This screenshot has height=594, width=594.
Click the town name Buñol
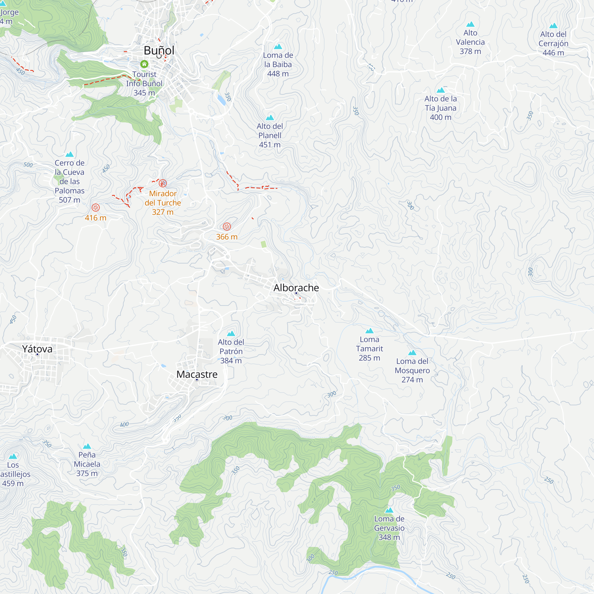pyautogui.click(x=159, y=50)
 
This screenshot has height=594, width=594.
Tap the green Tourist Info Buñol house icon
pyautogui.click(x=144, y=64)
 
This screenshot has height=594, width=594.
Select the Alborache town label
pyautogui.click(x=296, y=288)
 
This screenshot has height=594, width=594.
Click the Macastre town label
pyautogui.click(x=197, y=374)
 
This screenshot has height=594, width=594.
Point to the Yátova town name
pyautogui.click(x=37, y=349)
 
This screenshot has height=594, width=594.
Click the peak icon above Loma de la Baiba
pyautogui.click(x=278, y=46)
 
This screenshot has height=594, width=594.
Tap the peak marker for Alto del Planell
pyautogui.click(x=270, y=117)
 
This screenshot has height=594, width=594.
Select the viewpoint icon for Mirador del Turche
pyautogui.click(x=163, y=183)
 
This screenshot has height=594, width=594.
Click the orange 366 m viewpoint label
pyautogui.click(x=227, y=237)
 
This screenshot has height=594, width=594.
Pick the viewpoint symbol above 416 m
pyautogui.click(x=96, y=208)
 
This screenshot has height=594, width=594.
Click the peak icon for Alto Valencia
pyautogui.click(x=470, y=24)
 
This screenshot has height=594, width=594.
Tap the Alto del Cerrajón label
pyautogui.click(x=553, y=43)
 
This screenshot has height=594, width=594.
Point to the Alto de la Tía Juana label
pyautogui.click(x=440, y=108)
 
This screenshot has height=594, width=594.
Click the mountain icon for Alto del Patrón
pyautogui.click(x=231, y=334)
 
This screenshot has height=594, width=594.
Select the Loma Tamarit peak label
pyautogui.click(x=369, y=349)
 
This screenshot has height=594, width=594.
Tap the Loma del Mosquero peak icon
pyautogui.click(x=412, y=353)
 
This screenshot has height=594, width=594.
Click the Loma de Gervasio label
pyautogui.click(x=389, y=528)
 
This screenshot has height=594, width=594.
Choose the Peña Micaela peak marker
pyautogui.click(x=87, y=446)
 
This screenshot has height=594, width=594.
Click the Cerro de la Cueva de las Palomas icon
pyautogui.click(x=69, y=154)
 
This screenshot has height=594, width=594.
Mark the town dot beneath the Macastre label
pyautogui.click(x=197, y=380)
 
